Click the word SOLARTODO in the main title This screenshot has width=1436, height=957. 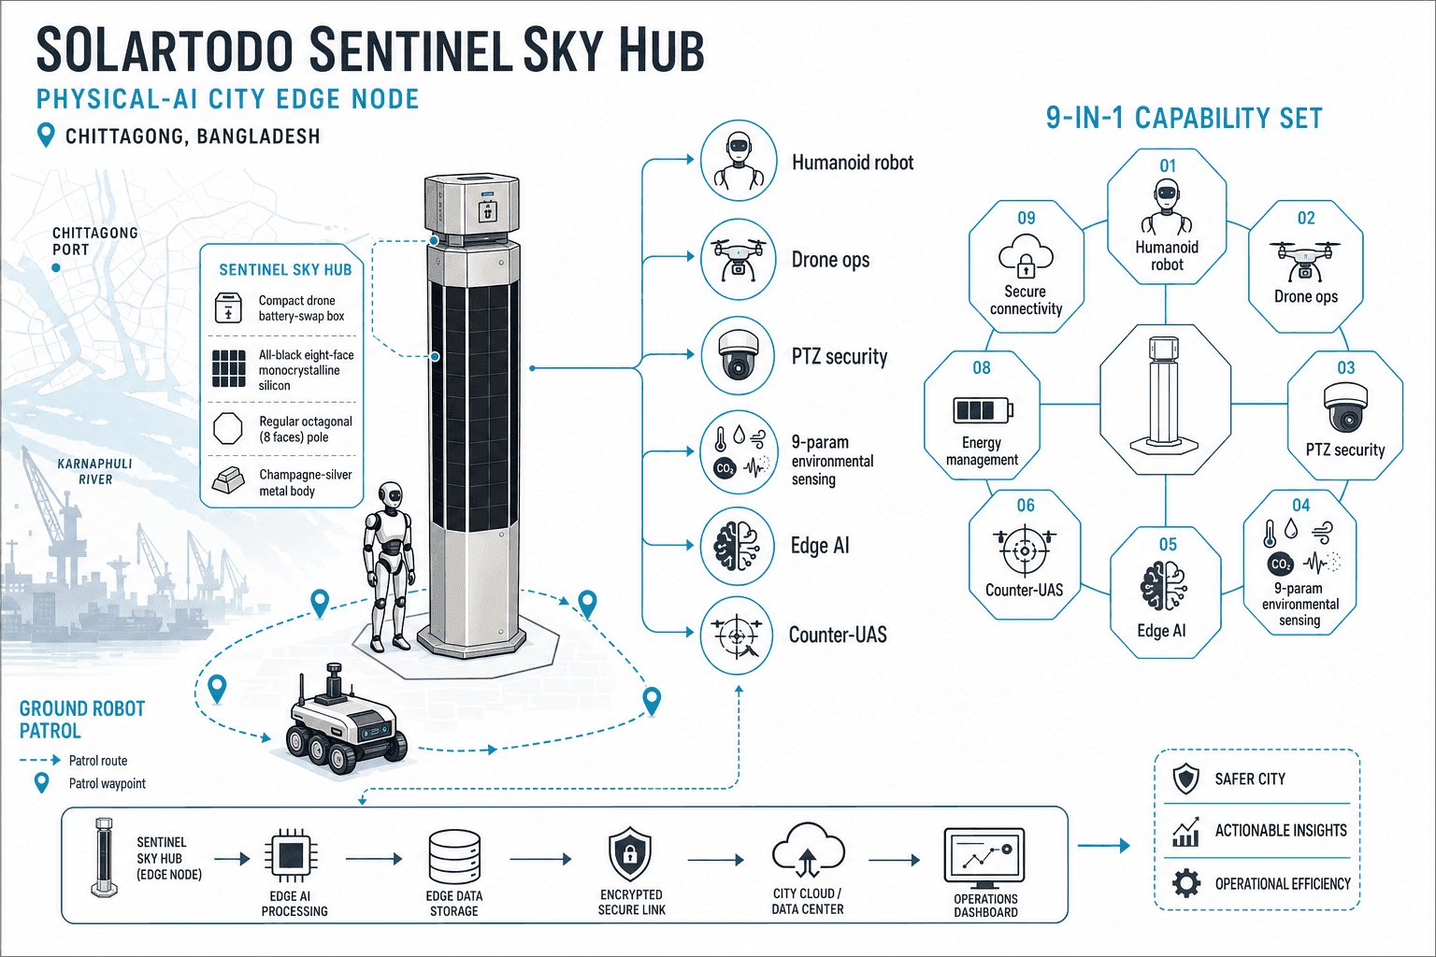click(165, 50)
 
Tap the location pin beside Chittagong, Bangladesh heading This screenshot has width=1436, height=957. click(46, 136)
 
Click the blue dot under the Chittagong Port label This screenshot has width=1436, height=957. click(56, 268)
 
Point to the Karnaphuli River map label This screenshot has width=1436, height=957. click(94, 471)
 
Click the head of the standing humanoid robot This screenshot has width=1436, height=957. click(390, 496)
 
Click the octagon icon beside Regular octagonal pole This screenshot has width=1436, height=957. click(227, 428)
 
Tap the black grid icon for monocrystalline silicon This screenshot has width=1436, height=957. click(228, 368)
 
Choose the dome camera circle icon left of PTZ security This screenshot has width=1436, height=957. click(739, 354)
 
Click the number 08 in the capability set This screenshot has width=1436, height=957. click(982, 368)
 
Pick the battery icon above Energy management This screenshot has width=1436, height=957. click(984, 409)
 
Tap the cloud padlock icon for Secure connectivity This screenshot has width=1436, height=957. click(1026, 256)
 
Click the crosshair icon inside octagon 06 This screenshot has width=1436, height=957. click(1025, 550)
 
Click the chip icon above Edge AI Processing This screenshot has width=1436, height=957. click(291, 855)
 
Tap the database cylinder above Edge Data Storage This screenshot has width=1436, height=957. click(453, 856)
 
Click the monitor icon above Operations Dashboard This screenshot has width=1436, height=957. click(984, 857)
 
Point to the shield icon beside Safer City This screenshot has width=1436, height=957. click(1186, 778)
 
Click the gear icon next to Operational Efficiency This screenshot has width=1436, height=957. click(1186, 883)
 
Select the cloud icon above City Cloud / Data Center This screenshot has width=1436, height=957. click(809, 850)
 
